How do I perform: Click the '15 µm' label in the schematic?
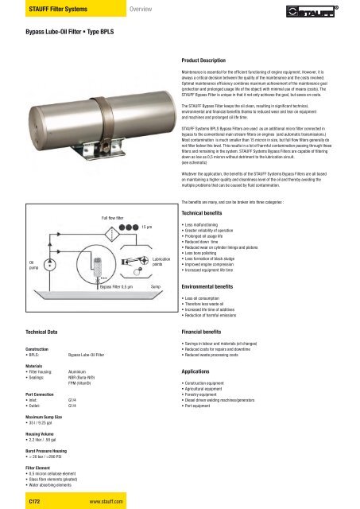(147, 227)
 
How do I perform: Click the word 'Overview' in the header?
(145, 10)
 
